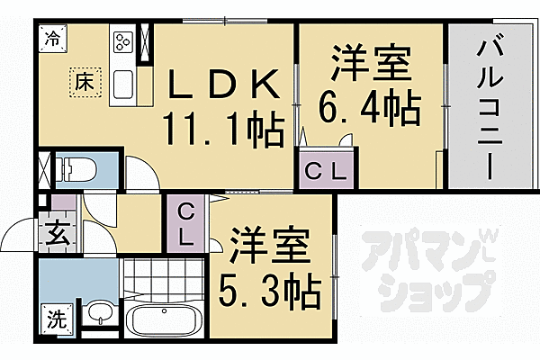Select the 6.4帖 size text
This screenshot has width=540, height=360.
[x=369, y=109]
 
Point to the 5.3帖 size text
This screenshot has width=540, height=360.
[x=271, y=290]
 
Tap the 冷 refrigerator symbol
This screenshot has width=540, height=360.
[x=54, y=39]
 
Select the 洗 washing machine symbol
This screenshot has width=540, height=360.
[x=56, y=318]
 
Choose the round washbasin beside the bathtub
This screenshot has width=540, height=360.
[x=102, y=316]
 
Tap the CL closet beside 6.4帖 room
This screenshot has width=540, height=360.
[x=328, y=169]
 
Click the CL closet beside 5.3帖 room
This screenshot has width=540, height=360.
[x=185, y=224]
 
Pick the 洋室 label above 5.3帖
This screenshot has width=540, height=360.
[x=271, y=245]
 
